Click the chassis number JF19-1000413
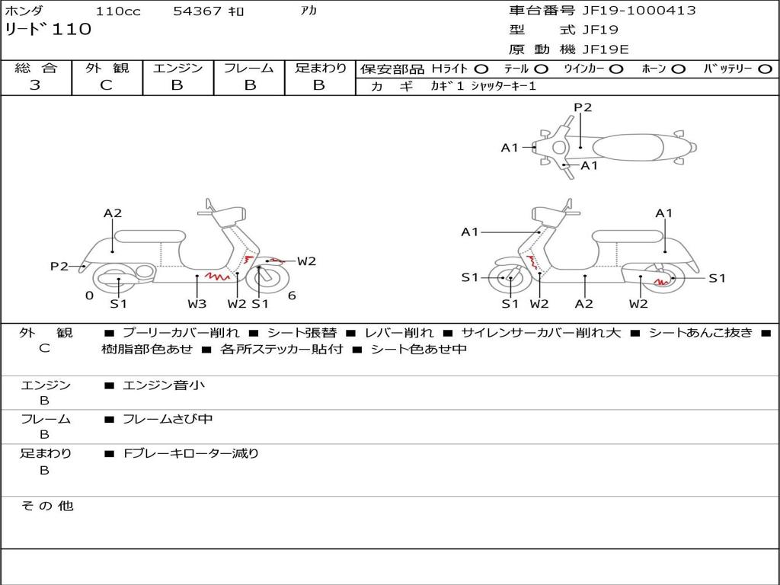click(x=628, y=11)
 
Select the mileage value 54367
click(x=197, y=11)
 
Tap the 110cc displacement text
click(x=118, y=11)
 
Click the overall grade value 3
click(x=35, y=85)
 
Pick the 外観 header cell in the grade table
click(x=107, y=68)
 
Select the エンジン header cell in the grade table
click(x=177, y=68)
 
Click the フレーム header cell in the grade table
click(x=249, y=68)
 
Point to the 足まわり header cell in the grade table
click(x=320, y=68)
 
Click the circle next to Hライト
click(x=481, y=69)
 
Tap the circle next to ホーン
click(x=678, y=69)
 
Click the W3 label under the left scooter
click(x=197, y=304)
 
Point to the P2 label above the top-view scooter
click(x=583, y=107)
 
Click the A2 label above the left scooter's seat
click(x=113, y=213)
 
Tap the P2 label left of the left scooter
click(x=59, y=266)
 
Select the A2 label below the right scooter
click(x=584, y=304)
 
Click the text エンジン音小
click(x=164, y=385)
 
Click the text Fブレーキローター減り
click(x=191, y=453)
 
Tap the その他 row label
click(x=46, y=506)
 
